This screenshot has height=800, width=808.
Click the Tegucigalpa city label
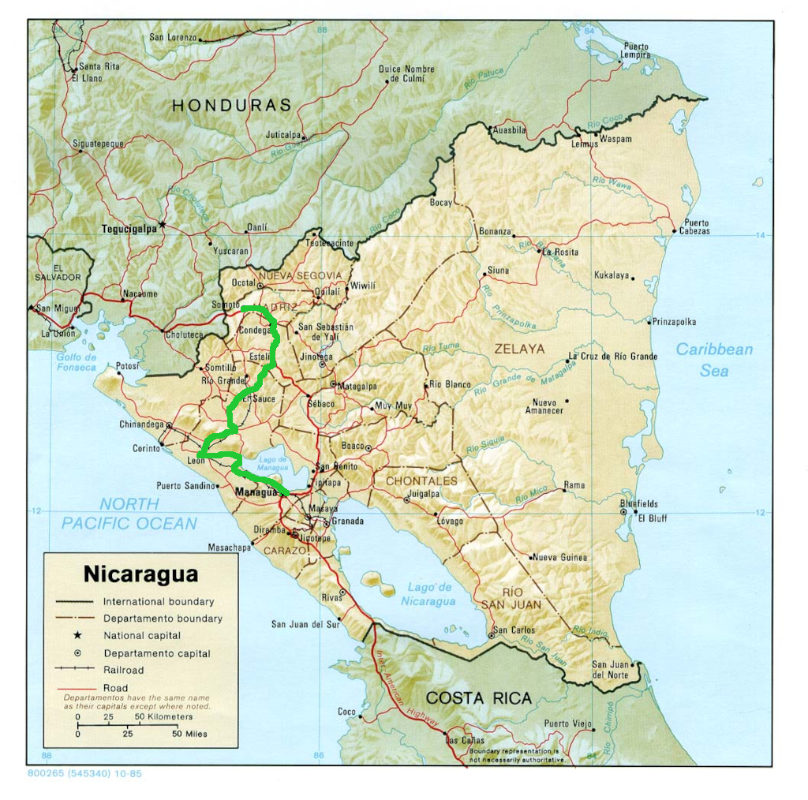(x=129, y=230)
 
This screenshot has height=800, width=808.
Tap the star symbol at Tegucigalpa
(x=163, y=225)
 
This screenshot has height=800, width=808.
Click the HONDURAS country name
(x=232, y=105)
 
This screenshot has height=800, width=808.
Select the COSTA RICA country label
(x=478, y=698)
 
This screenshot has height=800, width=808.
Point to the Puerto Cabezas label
(x=697, y=227)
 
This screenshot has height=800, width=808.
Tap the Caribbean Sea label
(x=714, y=360)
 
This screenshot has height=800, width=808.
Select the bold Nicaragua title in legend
(x=140, y=574)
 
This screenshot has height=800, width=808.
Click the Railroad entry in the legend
(x=124, y=670)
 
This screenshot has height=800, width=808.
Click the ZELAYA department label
(x=519, y=349)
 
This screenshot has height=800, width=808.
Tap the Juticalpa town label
(x=283, y=135)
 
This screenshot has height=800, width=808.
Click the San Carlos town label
(x=514, y=630)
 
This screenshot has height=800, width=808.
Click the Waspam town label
(x=615, y=139)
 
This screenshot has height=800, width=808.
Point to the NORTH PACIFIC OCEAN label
(x=129, y=514)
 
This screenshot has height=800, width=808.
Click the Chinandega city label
(x=142, y=424)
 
